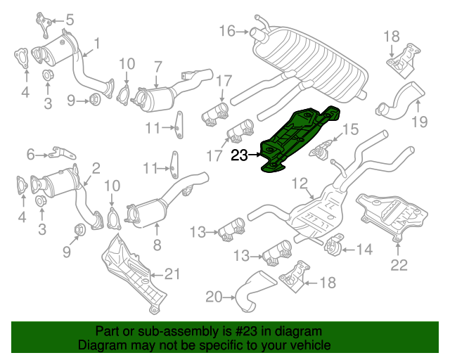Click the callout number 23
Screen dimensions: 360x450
click(240, 155)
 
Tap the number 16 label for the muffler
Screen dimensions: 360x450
click(227, 30)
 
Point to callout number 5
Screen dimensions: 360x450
click(69, 19)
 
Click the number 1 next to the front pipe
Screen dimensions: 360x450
click(96, 44)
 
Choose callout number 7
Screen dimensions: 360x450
click(158, 66)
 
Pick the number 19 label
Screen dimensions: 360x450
click(420, 123)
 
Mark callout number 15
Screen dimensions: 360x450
click(349, 129)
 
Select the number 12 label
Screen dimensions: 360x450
click(300, 184)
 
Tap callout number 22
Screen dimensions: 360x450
click(399, 264)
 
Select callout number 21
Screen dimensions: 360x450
click(172, 274)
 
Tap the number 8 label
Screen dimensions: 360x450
click(156, 245)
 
